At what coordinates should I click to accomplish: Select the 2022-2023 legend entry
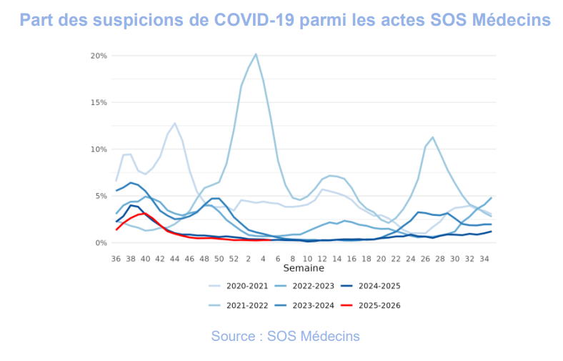pos(314,286)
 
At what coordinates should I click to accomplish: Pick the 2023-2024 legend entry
pos(314,306)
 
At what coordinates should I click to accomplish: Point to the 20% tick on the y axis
pos(99,56)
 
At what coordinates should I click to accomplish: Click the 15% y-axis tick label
pos(99,102)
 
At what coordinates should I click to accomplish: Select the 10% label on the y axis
pos(99,149)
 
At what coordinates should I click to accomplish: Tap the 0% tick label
pos(101,243)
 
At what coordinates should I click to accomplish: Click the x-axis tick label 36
pos(116,259)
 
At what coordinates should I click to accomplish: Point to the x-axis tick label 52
pos(234,259)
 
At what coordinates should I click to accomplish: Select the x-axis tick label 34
pos(484,259)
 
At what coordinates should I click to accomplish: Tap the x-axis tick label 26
pos(425,259)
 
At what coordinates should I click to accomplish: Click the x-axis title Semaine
pos(304,269)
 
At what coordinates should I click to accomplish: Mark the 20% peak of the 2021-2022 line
pos(256,54)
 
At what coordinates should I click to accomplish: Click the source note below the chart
pos(285,336)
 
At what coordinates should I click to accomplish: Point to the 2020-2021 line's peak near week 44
pos(175,124)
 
